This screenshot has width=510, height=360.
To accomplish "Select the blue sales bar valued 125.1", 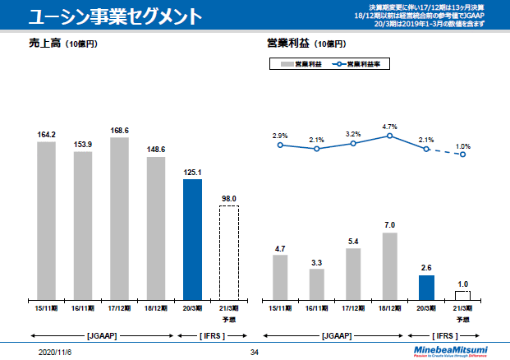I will point(192,239).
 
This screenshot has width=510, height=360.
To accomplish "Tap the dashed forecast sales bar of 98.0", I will point(229,252).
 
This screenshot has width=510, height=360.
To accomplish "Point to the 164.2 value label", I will point(46,134).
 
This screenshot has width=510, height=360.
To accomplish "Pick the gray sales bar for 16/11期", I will point(83,225).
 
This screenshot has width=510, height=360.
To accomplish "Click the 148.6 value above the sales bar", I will point(156,149).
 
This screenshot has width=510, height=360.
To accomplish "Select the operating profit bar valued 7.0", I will point(390,266).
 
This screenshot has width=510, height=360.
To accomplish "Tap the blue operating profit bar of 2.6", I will point(426,288).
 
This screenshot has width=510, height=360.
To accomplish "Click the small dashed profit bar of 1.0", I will point(463,295).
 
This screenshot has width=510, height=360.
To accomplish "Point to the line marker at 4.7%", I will point(390,136).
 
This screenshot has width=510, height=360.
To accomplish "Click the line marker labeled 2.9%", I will point(280,145).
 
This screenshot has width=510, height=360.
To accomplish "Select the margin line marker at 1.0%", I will point(463,155).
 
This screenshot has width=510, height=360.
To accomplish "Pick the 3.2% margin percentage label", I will point(353,134).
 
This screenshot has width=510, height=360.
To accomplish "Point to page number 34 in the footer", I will point(254,352).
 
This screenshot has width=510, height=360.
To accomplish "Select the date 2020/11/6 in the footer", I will point(57,352).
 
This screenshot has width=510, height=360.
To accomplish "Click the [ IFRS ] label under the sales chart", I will point(210,335).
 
